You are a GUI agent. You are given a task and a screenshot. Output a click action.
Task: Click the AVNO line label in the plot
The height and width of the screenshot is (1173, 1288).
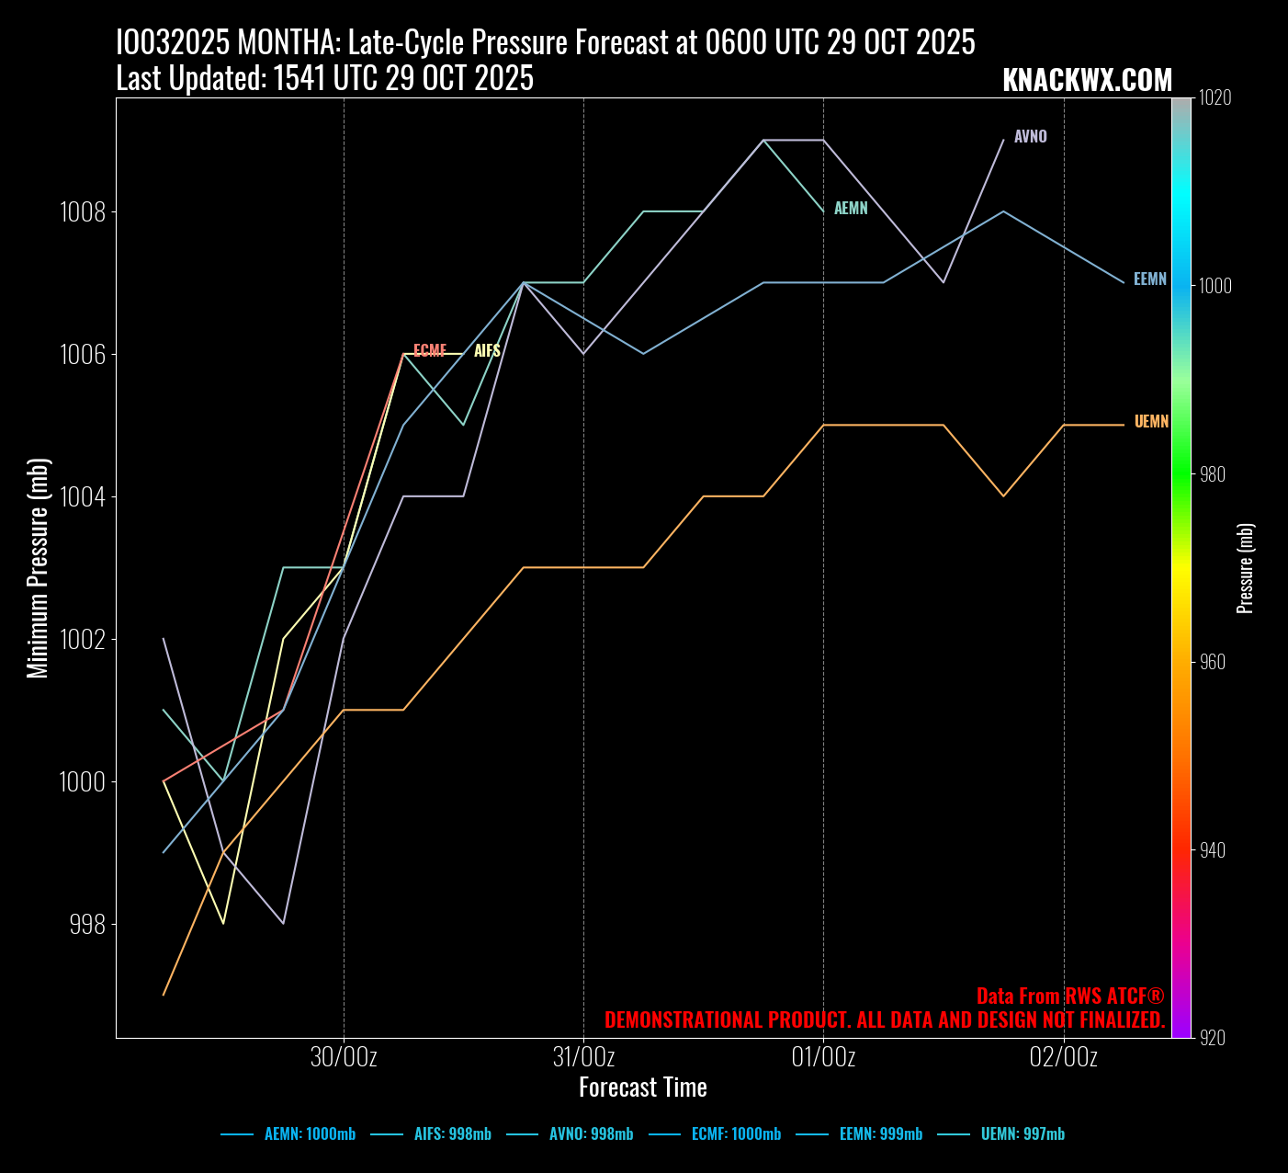tap(1030, 137)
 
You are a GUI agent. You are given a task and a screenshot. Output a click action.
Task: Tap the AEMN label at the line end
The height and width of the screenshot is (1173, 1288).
tap(851, 209)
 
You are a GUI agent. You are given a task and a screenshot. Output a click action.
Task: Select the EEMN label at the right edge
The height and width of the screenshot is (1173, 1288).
tap(1149, 279)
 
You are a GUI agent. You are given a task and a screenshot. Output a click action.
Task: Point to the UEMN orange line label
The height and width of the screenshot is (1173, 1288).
tap(1151, 422)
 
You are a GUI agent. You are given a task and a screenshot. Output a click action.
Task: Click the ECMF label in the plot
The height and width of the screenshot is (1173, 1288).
tap(430, 351)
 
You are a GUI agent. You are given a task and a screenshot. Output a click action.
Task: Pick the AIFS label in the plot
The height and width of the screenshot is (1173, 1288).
tap(487, 351)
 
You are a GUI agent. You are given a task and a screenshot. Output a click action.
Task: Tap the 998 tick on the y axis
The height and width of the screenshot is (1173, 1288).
tap(87, 924)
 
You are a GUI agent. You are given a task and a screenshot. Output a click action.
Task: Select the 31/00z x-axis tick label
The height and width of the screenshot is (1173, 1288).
tap(583, 1057)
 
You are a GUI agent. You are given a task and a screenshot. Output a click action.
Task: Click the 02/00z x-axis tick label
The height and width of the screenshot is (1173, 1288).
tap(1063, 1057)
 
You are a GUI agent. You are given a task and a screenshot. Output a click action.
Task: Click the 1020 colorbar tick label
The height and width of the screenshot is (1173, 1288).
tap(1215, 98)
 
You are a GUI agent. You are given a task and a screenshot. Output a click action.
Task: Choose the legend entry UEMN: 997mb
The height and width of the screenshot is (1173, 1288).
tap(1022, 1134)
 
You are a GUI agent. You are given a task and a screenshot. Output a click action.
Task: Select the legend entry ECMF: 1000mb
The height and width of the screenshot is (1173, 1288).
tap(736, 1134)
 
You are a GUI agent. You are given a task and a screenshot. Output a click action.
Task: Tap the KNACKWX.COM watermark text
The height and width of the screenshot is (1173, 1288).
tap(1087, 81)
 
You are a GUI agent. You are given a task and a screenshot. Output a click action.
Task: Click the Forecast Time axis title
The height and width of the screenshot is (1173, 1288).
tap(642, 1088)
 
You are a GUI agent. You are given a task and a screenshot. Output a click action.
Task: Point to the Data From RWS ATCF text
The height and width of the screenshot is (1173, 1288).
tap(1069, 996)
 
